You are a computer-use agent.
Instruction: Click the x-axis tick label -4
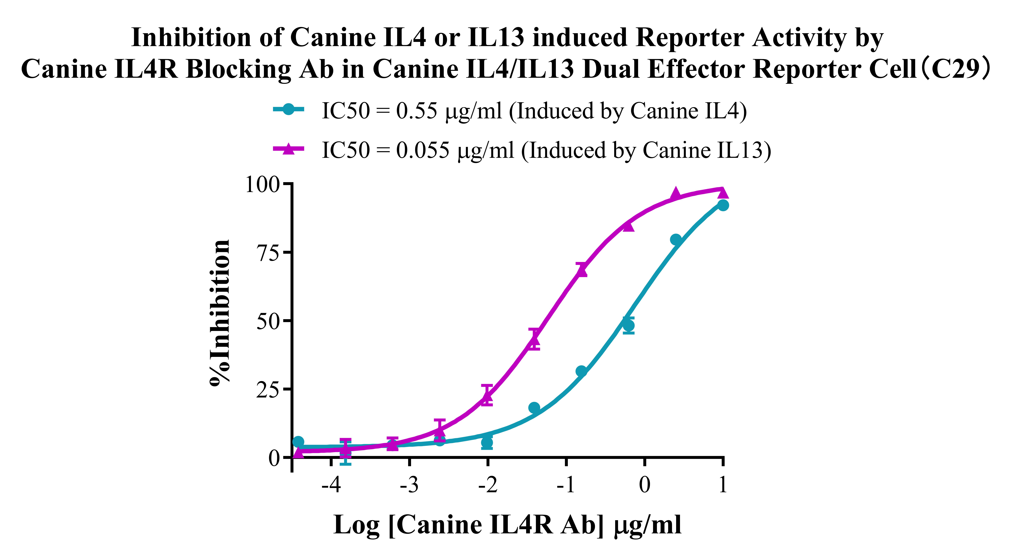point(331,485)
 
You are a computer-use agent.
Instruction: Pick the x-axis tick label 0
point(645,485)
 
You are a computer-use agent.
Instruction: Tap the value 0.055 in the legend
point(422,150)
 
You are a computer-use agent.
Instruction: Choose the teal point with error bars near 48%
point(629,326)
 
